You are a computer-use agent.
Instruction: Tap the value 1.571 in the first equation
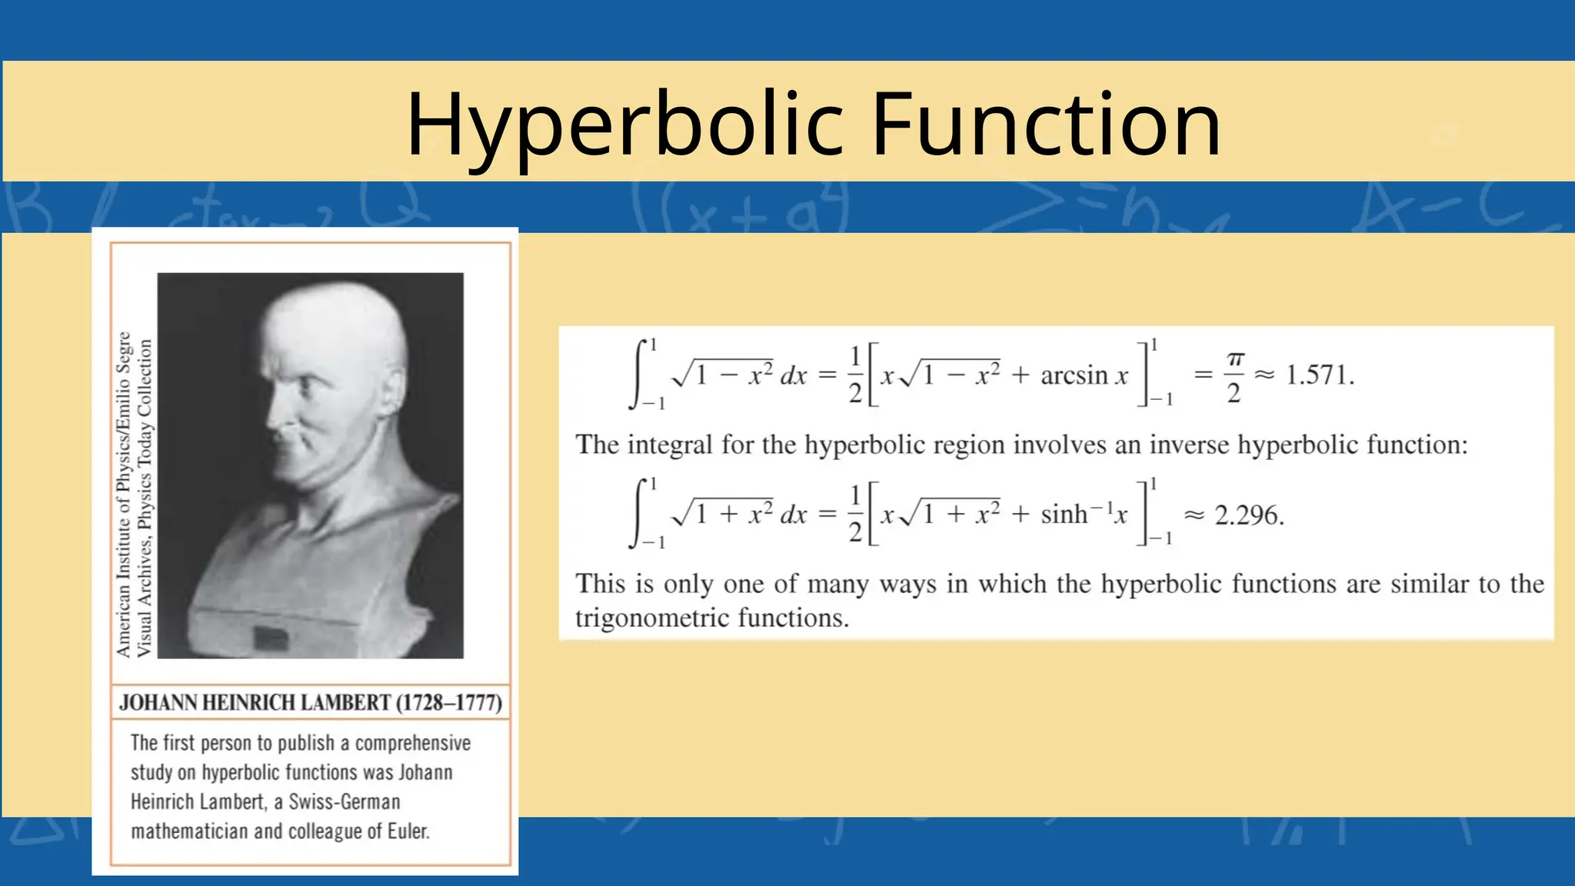point(1319,375)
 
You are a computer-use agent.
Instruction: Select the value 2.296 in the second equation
point(1249,515)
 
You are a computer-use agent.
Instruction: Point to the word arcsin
point(1074,375)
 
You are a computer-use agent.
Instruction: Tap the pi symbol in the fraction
point(1235,359)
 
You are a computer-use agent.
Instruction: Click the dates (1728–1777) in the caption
point(449,703)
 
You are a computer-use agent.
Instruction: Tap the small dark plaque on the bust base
point(271,637)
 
